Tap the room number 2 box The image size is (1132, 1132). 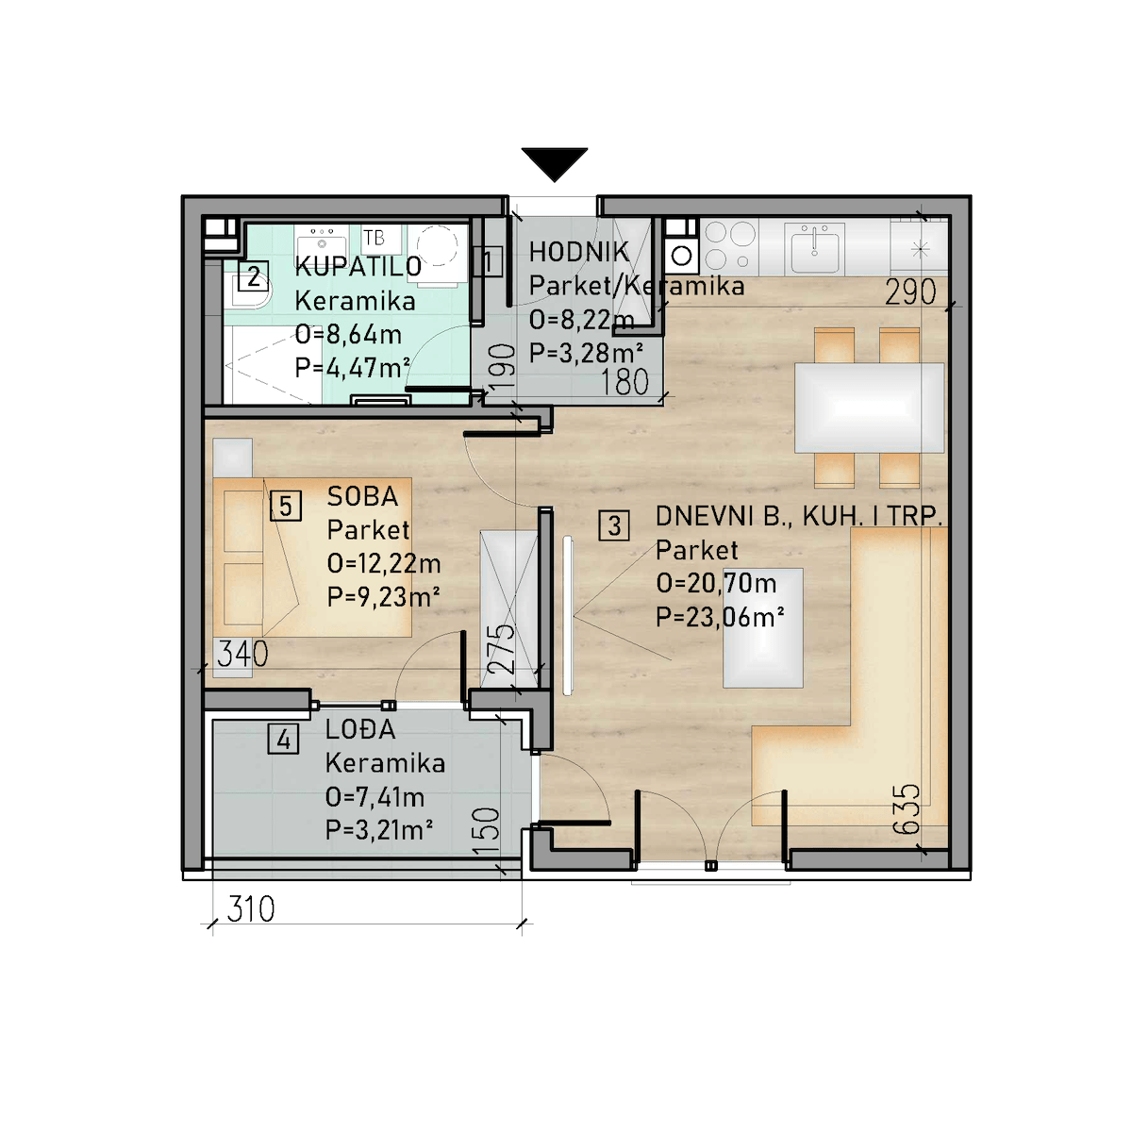click(x=253, y=276)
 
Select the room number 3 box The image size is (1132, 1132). click(x=614, y=525)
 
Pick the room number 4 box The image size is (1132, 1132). click(x=283, y=739)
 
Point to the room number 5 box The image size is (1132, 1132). click(x=286, y=506)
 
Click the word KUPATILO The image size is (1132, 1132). click(x=358, y=267)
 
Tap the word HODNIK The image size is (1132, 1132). click(x=578, y=252)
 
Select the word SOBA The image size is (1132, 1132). click(x=362, y=496)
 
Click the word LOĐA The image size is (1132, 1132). click(x=360, y=729)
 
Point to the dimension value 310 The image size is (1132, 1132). click(x=251, y=908)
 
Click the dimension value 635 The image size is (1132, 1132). click(x=906, y=808)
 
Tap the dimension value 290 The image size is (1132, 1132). click(x=910, y=291)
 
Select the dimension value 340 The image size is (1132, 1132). click(x=242, y=654)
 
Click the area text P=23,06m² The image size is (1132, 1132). click(x=720, y=617)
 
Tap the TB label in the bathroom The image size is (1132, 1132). click(x=374, y=238)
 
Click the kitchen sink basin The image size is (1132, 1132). click(x=815, y=248)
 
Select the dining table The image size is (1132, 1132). click(x=869, y=408)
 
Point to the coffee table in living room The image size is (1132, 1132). click(x=762, y=628)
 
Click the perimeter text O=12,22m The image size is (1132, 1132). click(x=384, y=563)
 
